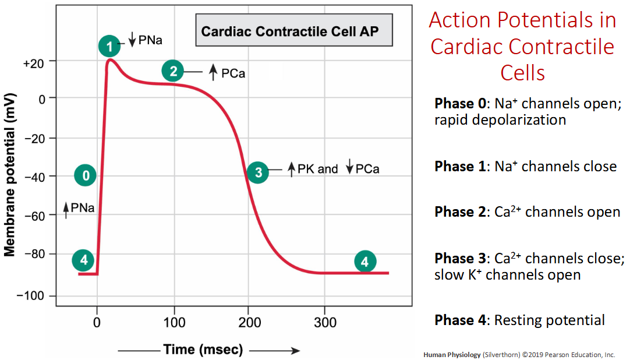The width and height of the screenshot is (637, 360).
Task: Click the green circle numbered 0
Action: (x=86, y=175)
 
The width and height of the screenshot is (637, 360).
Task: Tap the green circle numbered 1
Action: (x=109, y=45)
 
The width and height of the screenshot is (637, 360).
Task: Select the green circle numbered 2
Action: (x=173, y=71)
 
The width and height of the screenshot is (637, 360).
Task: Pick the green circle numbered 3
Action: (x=257, y=172)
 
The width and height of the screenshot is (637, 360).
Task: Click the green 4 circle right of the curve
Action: (x=365, y=262)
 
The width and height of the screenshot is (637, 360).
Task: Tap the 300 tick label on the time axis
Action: (x=325, y=322)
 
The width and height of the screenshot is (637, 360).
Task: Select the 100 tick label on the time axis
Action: (x=174, y=322)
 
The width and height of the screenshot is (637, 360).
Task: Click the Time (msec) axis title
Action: (x=203, y=350)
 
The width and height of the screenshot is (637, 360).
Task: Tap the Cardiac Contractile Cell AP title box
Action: (x=294, y=31)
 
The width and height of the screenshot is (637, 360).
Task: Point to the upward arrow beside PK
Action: (x=292, y=169)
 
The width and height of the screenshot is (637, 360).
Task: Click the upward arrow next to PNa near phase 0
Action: (x=66, y=210)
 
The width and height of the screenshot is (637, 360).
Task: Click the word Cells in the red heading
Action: (x=522, y=73)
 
